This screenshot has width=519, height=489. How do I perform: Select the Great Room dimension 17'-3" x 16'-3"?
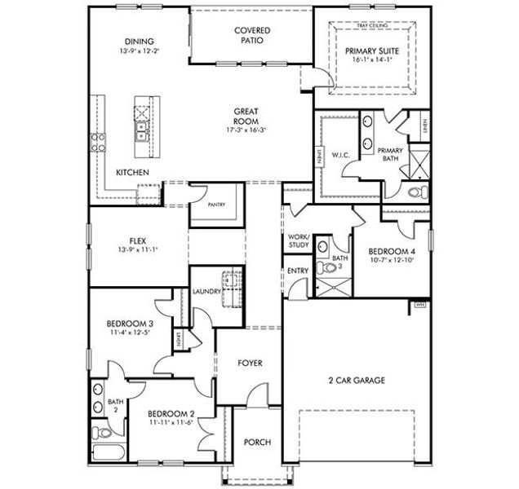pos(247,130)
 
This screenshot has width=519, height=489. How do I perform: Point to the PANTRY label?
pos(216,205)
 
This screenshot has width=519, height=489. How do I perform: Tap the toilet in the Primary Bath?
pos(417,193)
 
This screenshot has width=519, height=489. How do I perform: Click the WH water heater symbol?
pos(421,304)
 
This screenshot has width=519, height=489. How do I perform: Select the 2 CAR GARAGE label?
pos(357,380)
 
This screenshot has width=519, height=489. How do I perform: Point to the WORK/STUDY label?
pos(297,241)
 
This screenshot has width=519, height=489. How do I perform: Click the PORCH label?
pos(257,443)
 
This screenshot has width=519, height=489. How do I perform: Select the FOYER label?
pos(250,363)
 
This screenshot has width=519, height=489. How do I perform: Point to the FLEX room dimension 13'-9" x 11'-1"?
pos(137,249)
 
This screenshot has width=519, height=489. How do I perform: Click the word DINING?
pos(140,42)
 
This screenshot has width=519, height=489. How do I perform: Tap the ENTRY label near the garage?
pos(296,271)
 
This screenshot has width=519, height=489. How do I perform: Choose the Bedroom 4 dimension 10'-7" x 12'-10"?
pos(392,261)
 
